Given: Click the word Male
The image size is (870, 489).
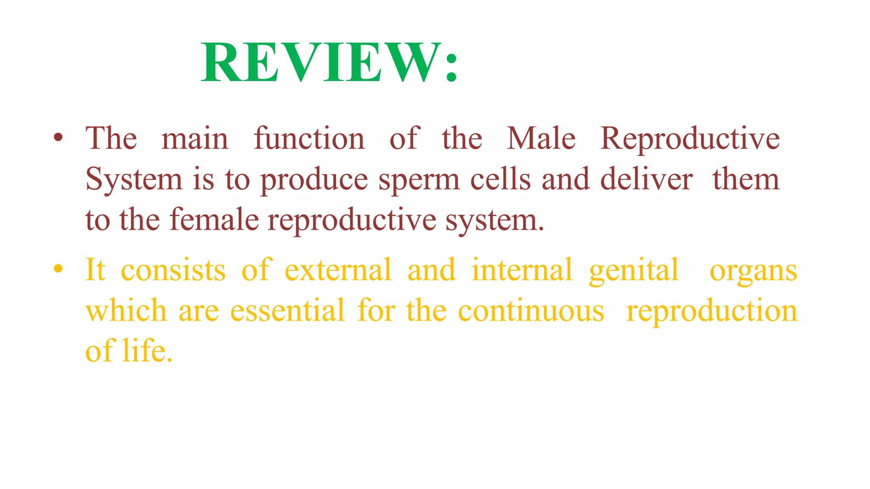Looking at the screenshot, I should [541, 138].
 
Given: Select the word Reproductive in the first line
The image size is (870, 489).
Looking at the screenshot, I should [690, 139].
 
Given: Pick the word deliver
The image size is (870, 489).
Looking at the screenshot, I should [646, 179].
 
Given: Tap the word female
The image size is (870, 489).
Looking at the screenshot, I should [214, 220].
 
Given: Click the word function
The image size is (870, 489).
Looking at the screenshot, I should [309, 138].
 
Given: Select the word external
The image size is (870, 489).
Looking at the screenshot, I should [338, 270].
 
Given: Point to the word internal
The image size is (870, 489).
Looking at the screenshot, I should [522, 270].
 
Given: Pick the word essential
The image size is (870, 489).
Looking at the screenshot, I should [287, 310].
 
